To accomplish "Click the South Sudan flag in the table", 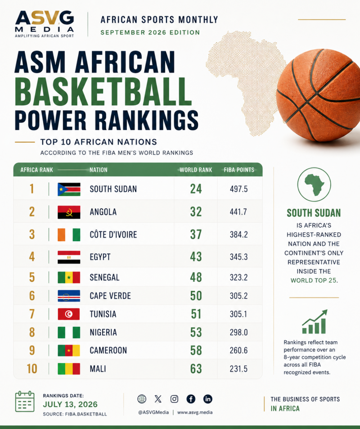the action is click(x=69, y=190).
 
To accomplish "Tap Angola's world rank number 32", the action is click(x=196, y=212).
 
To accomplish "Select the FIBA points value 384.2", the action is click(x=238, y=235).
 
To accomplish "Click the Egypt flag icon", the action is click(x=69, y=257).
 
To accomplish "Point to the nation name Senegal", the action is click(x=104, y=277).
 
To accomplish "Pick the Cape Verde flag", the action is click(x=69, y=296).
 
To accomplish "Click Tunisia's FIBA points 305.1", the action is click(x=238, y=314).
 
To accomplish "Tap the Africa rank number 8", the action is click(x=32, y=332).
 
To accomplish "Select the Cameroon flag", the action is click(x=69, y=351).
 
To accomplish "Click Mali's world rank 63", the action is click(x=196, y=369).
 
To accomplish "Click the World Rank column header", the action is click(x=196, y=170).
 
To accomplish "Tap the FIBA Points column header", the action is click(x=239, y=170).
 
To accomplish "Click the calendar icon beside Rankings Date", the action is click(x=25, y=402).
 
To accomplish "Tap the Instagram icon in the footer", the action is click(x=174, y=399).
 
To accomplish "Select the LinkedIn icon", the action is click(x=207, y=399).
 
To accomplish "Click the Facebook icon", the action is click(x=191, y=399).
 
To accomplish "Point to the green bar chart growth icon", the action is click(x=315, y=322).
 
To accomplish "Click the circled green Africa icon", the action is click(x=314, y=185).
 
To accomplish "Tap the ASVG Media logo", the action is click(x=44, y=24).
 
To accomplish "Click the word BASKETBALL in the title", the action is click(x=103, y=92).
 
